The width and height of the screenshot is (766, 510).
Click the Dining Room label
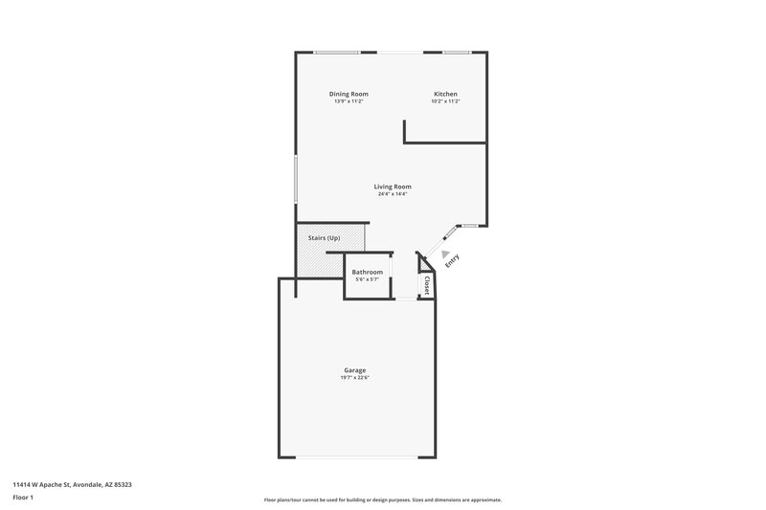click(349, 94)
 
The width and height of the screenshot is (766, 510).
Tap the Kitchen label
click(445, 94)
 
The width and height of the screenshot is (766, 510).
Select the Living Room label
click(393, 187)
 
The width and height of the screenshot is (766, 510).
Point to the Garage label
click(354, 370)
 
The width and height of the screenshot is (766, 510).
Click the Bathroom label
click(368, 272)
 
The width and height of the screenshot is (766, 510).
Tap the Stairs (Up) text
click(323, 237)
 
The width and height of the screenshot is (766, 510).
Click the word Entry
click(452, 259)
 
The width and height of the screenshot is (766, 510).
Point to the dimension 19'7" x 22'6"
click(354, 378)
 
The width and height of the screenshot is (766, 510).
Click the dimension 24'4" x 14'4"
click(393, 194)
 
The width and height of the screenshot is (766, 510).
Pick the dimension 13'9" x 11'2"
click(349, 101)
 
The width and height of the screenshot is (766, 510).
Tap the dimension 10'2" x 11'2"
click(445, 101)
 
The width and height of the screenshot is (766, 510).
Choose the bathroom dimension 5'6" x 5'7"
click(368, 279)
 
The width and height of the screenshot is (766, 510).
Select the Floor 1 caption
click(23, 498)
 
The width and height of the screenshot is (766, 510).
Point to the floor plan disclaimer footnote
click(383, 499)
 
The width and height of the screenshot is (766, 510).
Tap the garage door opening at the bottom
click(356, 456)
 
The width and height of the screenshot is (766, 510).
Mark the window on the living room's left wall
click(295, 179)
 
